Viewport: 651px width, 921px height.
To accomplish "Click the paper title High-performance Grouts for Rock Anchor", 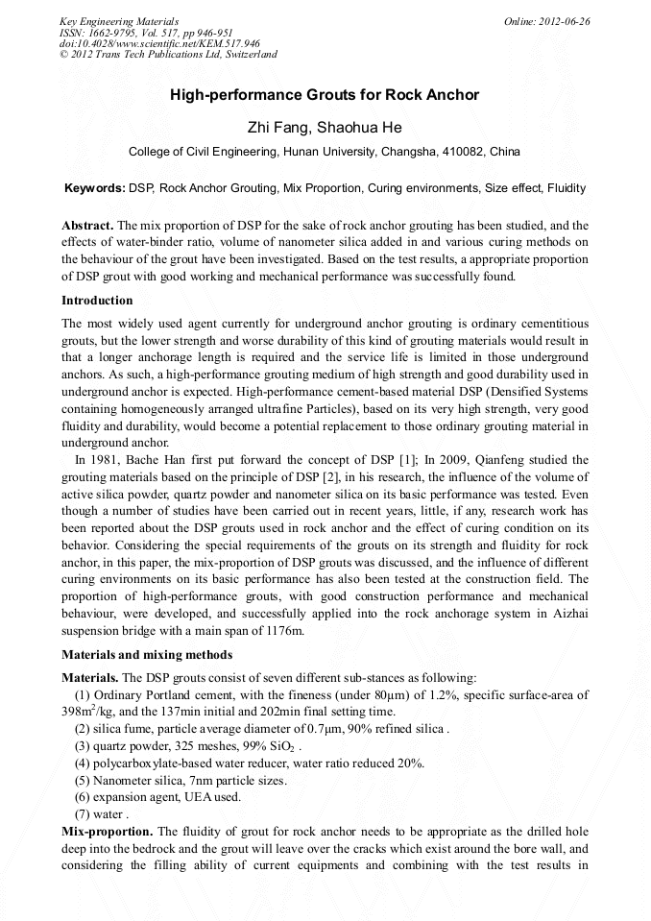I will pyautogui.click(x=325, y=95).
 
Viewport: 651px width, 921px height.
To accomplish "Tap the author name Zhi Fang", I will pyautogui.click(x=277, y=128).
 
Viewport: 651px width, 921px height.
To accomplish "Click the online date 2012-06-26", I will pyautogui.click(x=566, y=21).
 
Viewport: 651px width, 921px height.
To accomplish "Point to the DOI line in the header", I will pyautogui.click(x=159, y=43).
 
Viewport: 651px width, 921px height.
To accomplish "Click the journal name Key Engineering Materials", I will pyautogui.click(x=119, y=21).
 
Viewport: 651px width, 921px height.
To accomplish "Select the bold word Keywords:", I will pyautogui.click(x=94, y=188).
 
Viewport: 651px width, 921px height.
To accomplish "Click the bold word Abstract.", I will pyautogui.click(x=87, y=223).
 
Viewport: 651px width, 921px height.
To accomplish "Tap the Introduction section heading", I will pyautogui.click(x=97, y=301).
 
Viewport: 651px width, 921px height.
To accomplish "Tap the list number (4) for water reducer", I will pyautogui.click(x=84, y=763).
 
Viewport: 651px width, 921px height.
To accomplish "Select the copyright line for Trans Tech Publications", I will pyautogui.click(x=168, y=54).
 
